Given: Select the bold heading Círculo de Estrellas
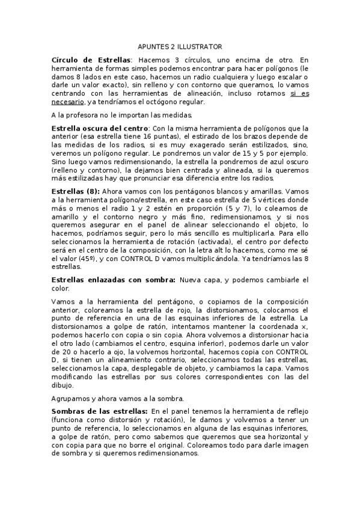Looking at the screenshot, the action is [91, 60].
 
